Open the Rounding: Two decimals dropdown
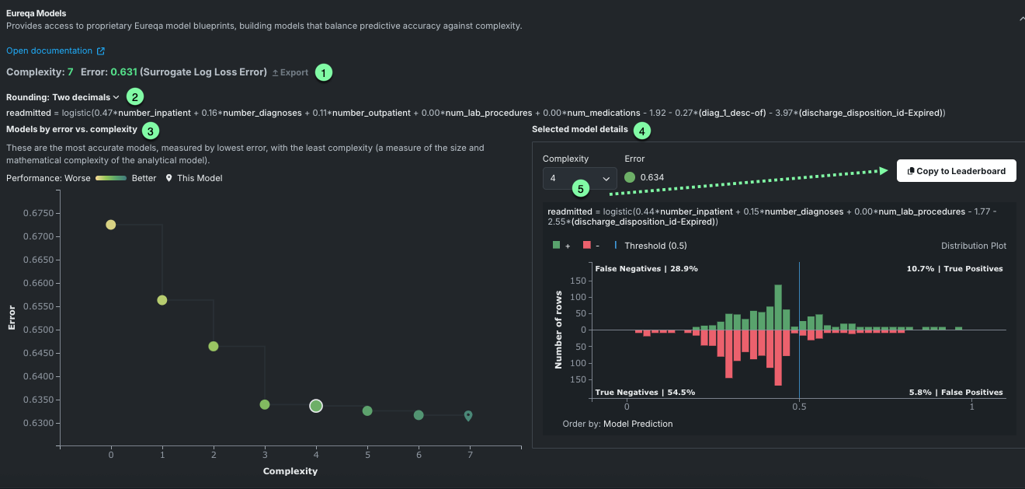point(63,97)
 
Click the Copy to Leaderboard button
point(956,171)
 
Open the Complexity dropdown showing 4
point(579,179)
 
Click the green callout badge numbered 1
point(323,72)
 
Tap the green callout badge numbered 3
point(151,129)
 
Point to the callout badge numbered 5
point(580,188)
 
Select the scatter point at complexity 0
point(111,225)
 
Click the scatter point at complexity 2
point(214,346)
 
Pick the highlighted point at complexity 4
point(316,406)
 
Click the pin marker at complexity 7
point(468,416)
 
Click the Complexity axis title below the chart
point(290,471)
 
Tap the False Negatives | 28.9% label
point(646,269)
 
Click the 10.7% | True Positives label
point(954,269)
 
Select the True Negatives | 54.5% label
point(645,393)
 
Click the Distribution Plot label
point(973,246)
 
